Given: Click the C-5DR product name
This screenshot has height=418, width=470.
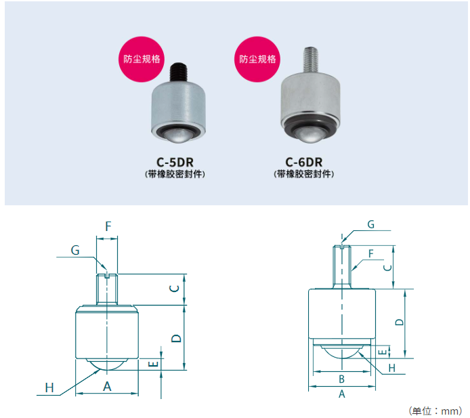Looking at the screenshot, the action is tap(175, 162).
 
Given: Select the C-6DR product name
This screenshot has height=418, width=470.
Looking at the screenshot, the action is tap(303, 162).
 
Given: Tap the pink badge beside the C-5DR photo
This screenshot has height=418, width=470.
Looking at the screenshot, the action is tap(142, 59).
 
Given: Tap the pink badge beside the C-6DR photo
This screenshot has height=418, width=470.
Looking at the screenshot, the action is tap(257, 59).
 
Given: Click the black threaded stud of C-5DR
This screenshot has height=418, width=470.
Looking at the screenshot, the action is tap(178, 72).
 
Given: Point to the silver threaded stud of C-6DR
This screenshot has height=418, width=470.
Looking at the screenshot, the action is tap(311, 60).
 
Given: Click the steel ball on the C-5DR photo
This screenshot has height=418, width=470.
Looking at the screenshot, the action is tap(178, 136).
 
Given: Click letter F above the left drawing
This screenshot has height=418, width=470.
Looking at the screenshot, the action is tap(108, 226).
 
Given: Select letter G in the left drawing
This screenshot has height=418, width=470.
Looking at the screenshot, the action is tap(75, 250).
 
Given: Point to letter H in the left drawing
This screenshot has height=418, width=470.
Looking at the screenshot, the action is tap(49, 388).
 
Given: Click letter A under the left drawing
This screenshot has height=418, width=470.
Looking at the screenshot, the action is tap(107, 387).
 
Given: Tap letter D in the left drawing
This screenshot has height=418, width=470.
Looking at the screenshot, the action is tap(176, 339).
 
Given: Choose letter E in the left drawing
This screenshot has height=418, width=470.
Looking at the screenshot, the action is tap(154, 364).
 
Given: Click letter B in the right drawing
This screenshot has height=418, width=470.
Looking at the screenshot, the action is tap(341, 379).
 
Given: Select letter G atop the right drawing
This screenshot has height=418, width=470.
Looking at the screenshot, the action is tap(370, 224).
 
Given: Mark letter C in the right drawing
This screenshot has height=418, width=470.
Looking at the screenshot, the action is tap(388, 268).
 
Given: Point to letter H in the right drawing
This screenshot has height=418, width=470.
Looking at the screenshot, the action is tap(391, 368).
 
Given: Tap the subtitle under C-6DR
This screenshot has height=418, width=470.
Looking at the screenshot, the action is tap(303, 174).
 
